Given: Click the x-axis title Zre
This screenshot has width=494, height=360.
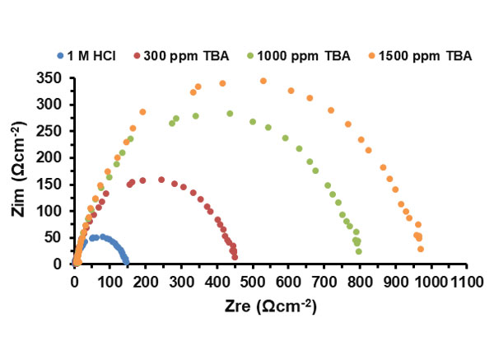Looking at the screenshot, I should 264,306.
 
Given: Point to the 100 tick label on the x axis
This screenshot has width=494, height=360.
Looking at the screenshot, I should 110,282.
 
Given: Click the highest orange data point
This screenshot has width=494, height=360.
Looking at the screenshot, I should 263,81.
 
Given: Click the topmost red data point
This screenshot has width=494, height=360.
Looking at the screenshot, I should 161,179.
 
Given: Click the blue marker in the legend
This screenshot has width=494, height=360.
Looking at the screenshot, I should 61,56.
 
